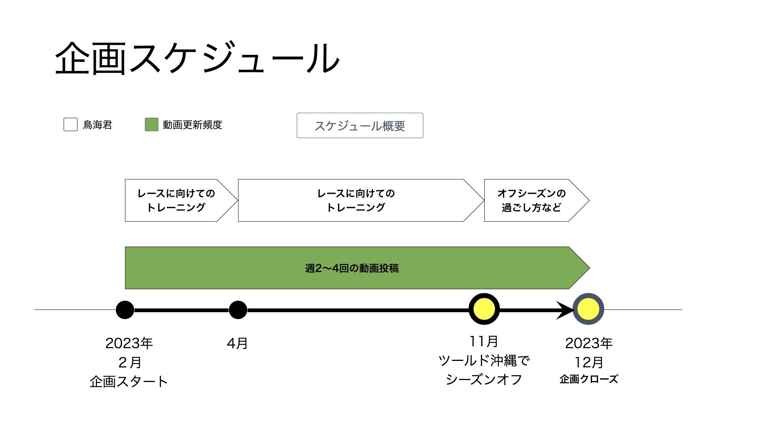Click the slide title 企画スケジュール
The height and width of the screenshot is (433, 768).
197,58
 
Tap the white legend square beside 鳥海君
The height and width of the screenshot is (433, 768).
71,125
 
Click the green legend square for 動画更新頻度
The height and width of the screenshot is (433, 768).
151,125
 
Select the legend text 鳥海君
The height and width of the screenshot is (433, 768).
97,125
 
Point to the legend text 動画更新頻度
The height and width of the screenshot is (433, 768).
192,125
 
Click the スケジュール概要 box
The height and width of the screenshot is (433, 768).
360,125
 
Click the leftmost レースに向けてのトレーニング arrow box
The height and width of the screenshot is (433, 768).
176,200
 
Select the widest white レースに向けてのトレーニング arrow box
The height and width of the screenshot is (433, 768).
356,200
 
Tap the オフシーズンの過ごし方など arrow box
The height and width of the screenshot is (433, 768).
531,200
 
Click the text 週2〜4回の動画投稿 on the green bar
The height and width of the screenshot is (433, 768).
352,268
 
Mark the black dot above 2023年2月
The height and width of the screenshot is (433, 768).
125,310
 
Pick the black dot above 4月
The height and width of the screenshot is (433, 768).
238,310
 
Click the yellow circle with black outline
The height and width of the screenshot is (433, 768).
484,309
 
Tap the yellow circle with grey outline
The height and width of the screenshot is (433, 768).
588,309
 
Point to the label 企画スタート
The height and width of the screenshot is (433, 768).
129,382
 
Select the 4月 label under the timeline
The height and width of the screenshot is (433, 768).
237,343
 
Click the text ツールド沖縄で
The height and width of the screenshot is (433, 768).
484,361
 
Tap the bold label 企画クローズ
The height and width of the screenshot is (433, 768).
589,379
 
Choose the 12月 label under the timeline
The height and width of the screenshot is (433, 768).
589,362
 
